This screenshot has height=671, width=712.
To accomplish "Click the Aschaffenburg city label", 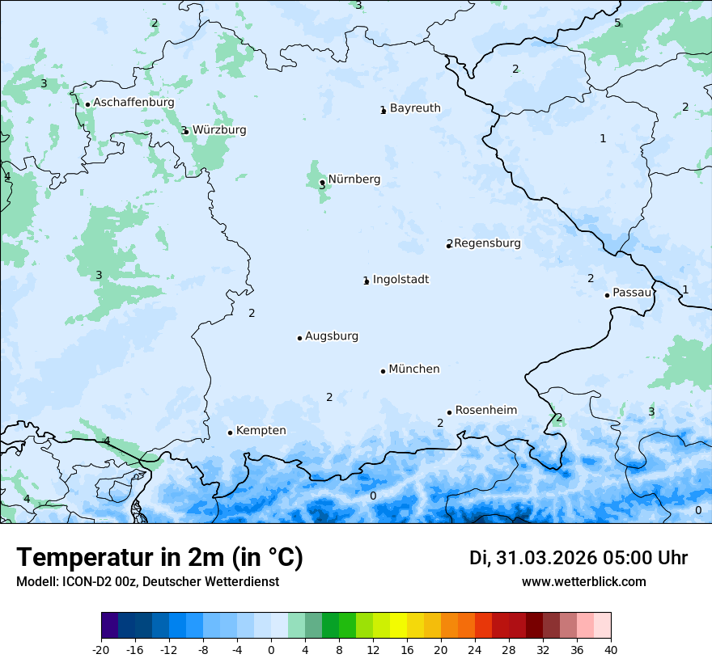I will point(133,103).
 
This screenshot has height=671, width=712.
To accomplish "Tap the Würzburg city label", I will point(219,130).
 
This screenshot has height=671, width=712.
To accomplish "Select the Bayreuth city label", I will point(415,108).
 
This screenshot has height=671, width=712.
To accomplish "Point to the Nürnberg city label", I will point(354,179).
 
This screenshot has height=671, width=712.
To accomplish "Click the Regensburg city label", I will point(487,243).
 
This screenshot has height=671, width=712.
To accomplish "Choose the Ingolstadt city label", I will point(400,280).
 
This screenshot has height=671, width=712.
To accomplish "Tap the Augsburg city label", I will point(332,336).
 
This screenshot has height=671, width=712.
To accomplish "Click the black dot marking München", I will point(383,371).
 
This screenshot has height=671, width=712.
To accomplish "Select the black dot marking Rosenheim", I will point(449,412).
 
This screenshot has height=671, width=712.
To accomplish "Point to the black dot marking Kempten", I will point(230,433).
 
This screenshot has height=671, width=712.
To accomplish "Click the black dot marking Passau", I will point(607,295).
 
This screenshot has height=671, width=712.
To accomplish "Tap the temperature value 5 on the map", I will point(617,23).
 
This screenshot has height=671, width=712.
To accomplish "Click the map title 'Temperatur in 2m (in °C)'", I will point(159,558).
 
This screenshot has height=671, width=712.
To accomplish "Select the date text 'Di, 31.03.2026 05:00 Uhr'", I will point(578,558).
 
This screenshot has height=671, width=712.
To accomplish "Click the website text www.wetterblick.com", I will point(583,581).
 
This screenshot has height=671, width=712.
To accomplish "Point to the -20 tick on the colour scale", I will point(101,649).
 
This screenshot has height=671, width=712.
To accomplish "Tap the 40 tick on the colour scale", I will point(611,649).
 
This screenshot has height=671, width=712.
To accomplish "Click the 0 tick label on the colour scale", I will point(271,649).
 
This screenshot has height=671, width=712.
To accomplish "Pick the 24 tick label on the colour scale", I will point(475,649).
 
